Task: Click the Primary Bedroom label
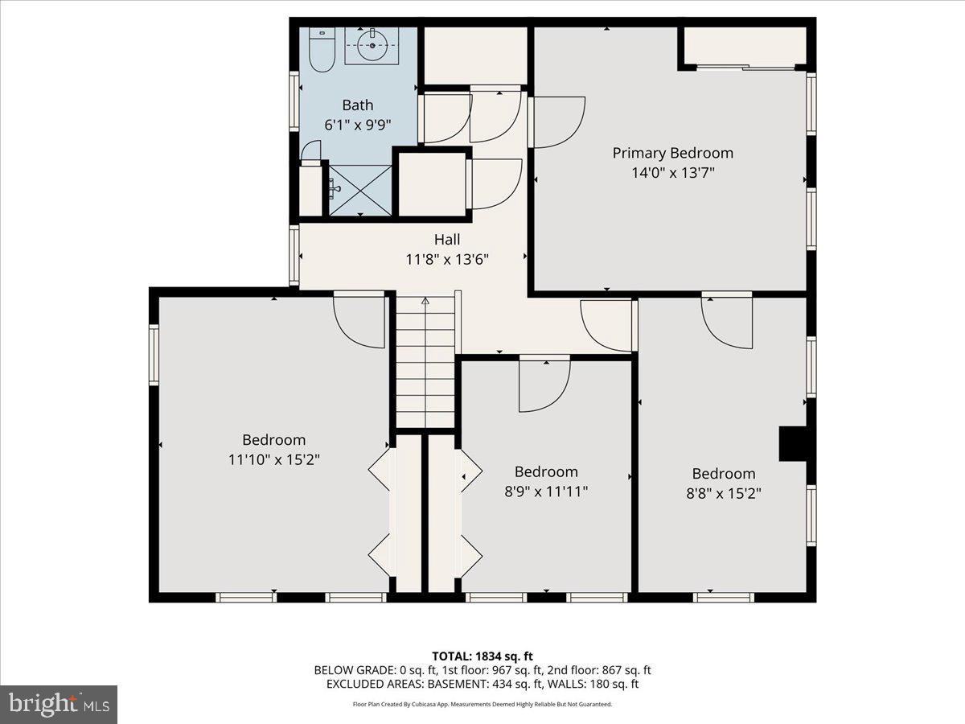[x=672, y=153]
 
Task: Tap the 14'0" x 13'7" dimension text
[x=672, y=172]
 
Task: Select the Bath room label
[x=358, y=105]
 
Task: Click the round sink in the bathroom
[x=372, y=45]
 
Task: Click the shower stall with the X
[x=359, y=189]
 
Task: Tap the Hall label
[x=447, y=240]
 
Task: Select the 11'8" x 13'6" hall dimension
[x=447, y=259]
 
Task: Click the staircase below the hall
[x=425, y=362]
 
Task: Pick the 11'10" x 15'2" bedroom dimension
[x=274, y=459]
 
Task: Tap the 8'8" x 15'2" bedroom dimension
[x=723, y=493]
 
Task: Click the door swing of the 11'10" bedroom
[x=360, y=320]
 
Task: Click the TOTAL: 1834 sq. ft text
[x=482, y=656]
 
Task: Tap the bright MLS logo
[x=59, y=705]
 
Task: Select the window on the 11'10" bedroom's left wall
[x=154, y=354]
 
